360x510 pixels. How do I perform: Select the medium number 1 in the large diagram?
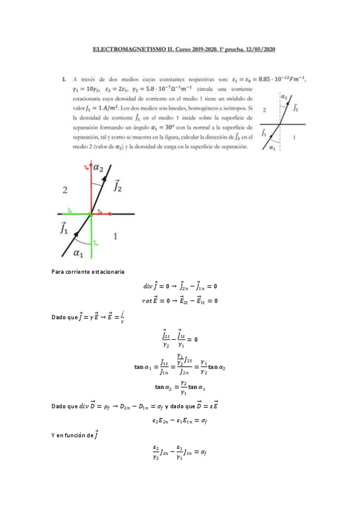click(115, 236)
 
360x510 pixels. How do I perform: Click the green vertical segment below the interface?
click(91, 231)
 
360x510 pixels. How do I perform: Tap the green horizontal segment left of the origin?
click(73, 214)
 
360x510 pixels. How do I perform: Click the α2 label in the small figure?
click(284, 97)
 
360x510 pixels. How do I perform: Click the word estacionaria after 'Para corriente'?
click(104, 272)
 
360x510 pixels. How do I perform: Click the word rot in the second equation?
click(148, 301)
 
